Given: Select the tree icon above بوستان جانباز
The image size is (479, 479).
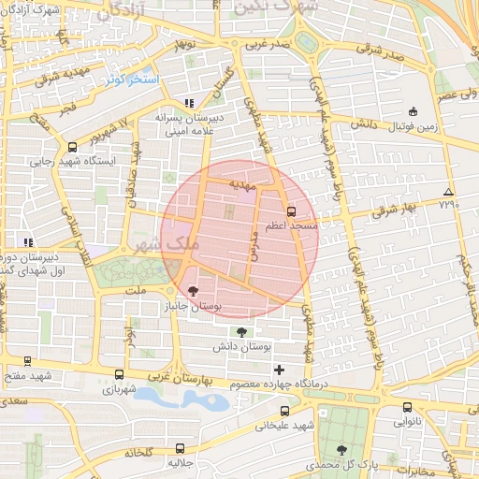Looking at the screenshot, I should click(x=193, y=290).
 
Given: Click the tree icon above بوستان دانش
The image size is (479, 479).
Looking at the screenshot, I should click(x=242, y=331).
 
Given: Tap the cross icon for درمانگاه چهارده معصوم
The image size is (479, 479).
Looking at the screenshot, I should click(x=279, y=370).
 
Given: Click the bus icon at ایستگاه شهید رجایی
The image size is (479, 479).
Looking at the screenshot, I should click(x=72, y=146).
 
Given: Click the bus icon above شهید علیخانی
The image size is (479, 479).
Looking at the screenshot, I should click(x=284, y=410).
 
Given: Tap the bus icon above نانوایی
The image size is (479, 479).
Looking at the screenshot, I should click(x=407, y=407).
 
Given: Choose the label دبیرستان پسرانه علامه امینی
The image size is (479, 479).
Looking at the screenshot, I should click(x=188, y=124).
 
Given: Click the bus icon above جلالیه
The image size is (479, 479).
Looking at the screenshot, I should click(x=181, y=448).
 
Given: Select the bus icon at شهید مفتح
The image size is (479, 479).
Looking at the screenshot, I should click(x=26, y=361).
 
